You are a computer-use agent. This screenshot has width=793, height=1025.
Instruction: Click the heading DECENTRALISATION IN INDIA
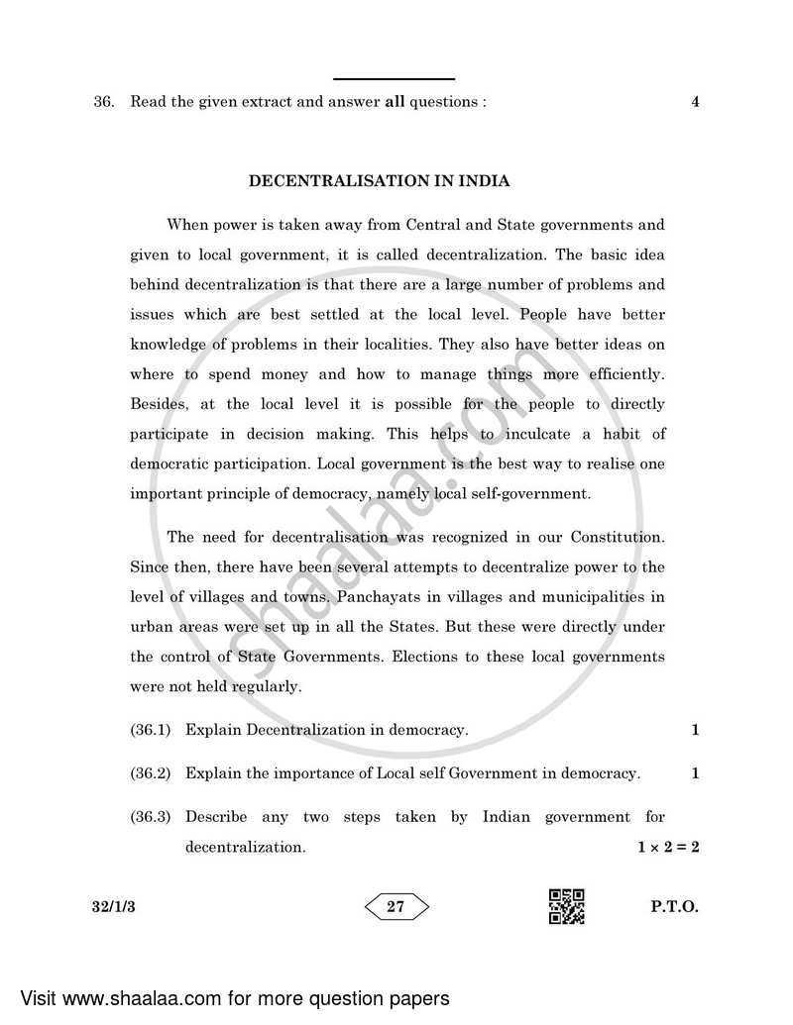tap(380, 181)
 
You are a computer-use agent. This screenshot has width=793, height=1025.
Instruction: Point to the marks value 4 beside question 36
tap(695, 101)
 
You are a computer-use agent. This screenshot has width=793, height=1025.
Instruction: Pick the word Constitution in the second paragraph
tap(615, 537)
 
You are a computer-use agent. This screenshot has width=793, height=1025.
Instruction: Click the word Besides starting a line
tap(158, 404)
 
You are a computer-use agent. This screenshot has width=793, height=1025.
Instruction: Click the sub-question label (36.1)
tap(151, 730)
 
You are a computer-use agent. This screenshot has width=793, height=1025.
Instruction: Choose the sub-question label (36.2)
tap(151, 773)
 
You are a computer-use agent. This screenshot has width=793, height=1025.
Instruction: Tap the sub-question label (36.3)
tap(151, 817)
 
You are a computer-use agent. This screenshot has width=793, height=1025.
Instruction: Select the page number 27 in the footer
tap(396, 906)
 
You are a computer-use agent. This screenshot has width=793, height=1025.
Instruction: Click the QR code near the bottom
tap(566, 906)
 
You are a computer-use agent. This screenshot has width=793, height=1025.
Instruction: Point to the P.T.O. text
tap(677, 906)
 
